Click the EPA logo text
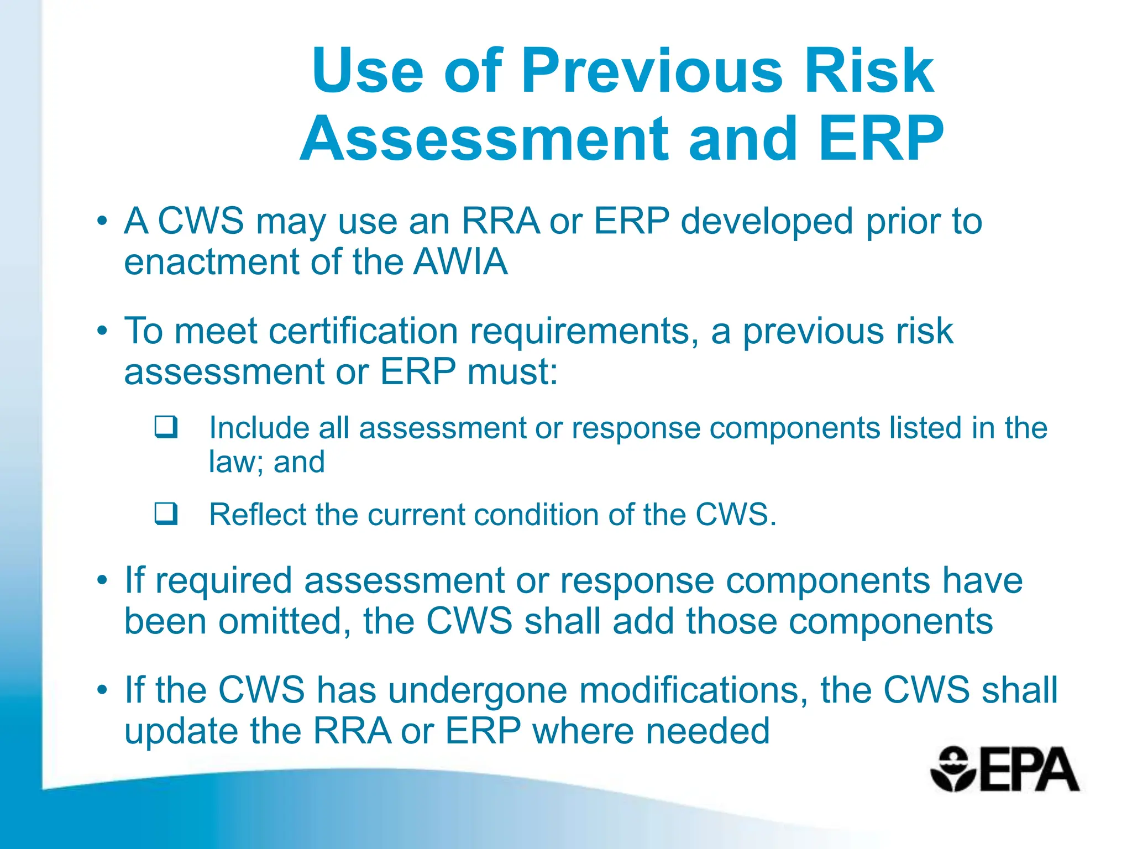coord(1029,770)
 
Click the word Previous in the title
coord(652,71)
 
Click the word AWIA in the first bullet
coord(460,261)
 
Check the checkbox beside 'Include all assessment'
coord(166,427)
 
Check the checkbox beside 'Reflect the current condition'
coord(166,513)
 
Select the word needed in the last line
coord(707,731)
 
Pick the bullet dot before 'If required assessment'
coord(102,581)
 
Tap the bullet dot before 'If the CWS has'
coord(102,690)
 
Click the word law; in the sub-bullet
coord(235,462)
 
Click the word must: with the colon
coord(512,371)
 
